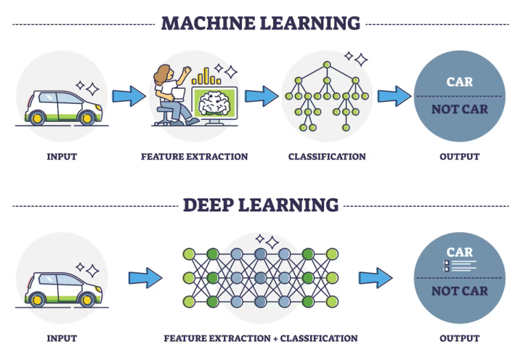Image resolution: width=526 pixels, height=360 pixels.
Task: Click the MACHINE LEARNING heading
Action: click(x=261, y=23)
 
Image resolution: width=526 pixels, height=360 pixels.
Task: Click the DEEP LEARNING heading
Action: click(x=261, y=205)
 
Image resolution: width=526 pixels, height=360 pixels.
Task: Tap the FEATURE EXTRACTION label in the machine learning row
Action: click(x=195, y=157)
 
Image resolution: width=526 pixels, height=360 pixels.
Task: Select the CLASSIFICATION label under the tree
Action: click(x=327, y=157)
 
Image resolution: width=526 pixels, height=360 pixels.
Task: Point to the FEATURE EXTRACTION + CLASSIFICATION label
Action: click(x=261, y=338)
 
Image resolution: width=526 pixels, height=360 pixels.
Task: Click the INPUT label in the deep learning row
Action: click(x=62, y=338)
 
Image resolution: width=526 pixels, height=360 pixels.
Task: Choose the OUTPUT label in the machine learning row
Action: click(x=460, y=157)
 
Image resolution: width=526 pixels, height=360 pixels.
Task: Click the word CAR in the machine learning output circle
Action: click(x=460, y=82)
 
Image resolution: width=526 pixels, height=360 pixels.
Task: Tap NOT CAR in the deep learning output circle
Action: click(x=460, y=291)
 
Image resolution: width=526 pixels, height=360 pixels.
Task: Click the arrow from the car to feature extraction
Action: click(x=129, y=97)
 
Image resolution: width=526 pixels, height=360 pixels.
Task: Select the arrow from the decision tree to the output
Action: click(x=394, y=97)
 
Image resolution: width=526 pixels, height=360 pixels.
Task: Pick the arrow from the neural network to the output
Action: click(x=375, y=278)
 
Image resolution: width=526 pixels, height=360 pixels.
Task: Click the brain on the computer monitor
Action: click(x=214, y=103)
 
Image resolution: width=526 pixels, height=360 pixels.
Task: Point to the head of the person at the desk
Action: click(x=164, y=75)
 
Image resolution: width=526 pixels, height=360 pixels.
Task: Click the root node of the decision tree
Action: click(x=327, y=65)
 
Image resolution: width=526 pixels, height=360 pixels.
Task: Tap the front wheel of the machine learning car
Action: click(x=86, y=118)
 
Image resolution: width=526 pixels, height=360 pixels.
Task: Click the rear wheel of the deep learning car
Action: click(x=37, y=300)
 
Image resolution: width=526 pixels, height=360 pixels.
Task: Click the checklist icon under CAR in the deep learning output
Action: click(x=460, y=266)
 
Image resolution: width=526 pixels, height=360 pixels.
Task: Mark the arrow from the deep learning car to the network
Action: click(x=145, y=278)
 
